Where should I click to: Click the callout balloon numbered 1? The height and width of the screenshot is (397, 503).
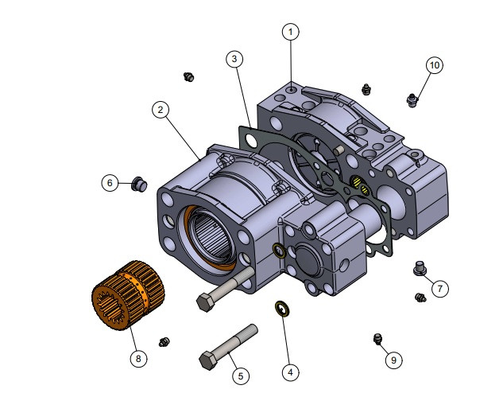tap(292, 32)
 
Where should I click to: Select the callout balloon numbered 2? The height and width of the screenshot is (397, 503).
tap(161, 110)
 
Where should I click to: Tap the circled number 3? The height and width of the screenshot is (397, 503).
tap(234, 59)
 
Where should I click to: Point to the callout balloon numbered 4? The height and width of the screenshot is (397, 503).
tap(291, 372)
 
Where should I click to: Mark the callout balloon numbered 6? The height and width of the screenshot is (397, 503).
tap(110, 183)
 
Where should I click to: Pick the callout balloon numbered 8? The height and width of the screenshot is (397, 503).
tap(138, 359)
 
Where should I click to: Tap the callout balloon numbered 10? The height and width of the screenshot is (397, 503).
tap(434, 65)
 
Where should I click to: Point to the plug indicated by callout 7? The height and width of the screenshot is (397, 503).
tap(420, 268)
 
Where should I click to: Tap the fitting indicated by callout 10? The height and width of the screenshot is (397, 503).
tap(411, 99)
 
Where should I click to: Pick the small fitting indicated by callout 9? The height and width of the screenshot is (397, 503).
tap(379, 340)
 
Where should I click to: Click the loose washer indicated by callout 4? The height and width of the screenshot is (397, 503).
tap(281, 307)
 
